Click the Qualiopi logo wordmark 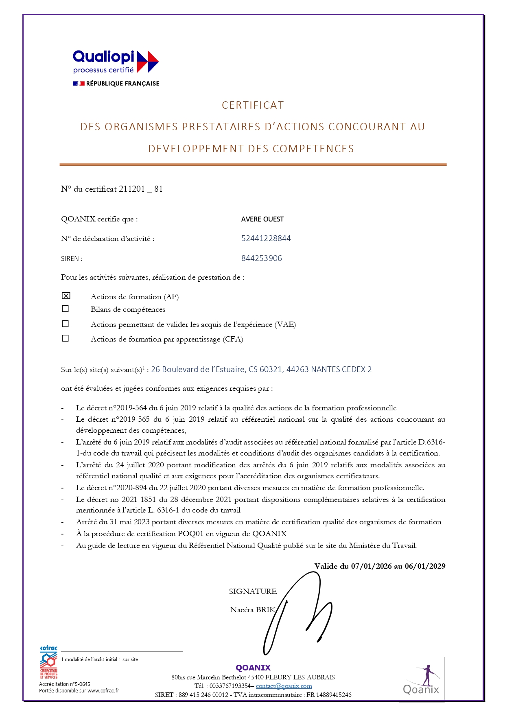tap(103, 57)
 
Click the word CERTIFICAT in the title tap(253, 105)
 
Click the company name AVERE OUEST tap(262, 219)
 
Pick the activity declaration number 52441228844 tap(266, 238)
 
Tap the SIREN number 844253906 tap(261, 258)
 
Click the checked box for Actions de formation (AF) tap(66, 296)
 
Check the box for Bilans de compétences tap(66, 309)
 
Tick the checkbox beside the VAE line tap(66, 324)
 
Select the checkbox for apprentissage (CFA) tap(66, 339)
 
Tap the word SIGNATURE tap(253, 591)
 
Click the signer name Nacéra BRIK tap(253, 609)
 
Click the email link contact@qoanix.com tap(284, 686)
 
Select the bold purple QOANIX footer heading tap(253, 668)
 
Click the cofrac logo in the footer tap(48, 662)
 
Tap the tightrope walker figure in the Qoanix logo tap(426, 674)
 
